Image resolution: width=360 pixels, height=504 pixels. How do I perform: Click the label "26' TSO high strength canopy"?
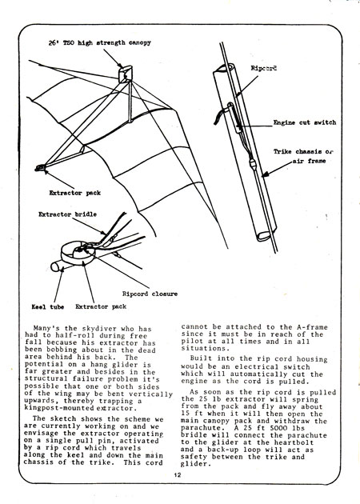coord(100,42)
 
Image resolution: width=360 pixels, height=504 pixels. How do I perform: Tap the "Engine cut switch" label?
coord(305,122)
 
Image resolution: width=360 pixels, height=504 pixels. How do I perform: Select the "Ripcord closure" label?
coord(150,294)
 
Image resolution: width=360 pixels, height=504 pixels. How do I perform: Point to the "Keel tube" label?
coord(47,307)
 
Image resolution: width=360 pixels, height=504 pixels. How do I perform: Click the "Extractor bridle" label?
coord(67,214)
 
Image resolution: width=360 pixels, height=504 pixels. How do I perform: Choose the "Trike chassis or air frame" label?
coord(303,156)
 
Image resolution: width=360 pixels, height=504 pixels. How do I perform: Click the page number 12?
coord(178,474)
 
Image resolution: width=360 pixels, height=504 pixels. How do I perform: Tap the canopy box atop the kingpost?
coord(126,74)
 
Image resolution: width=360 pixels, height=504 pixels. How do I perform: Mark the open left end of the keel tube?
coord(56,266)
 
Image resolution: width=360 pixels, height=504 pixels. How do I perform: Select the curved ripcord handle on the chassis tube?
coord(222,114)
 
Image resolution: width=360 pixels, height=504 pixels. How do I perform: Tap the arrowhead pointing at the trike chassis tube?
coord(266,174)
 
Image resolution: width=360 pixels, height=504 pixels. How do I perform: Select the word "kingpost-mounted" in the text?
coord(60,408)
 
